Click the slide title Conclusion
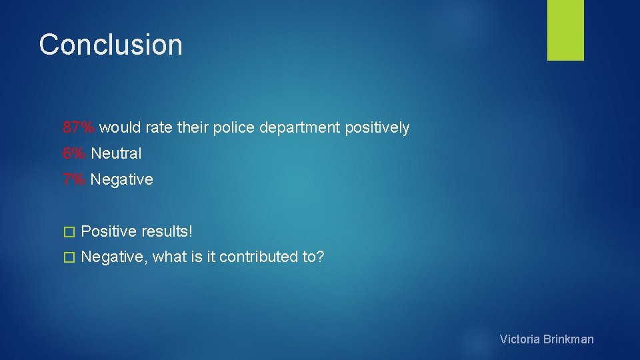coord(111,45)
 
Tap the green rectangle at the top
coord(565,30)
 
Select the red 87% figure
coord(79,127)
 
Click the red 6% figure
coord(75,153)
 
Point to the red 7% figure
coord(75,179)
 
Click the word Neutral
coord(116,153)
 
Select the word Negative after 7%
coord(121,179)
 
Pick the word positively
coord(377,128)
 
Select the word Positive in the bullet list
coord(109,231)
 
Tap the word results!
coord(167,231)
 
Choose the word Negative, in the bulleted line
coord(114,257)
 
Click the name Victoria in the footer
coord(520,339)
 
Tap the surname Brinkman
coord(569,339)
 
